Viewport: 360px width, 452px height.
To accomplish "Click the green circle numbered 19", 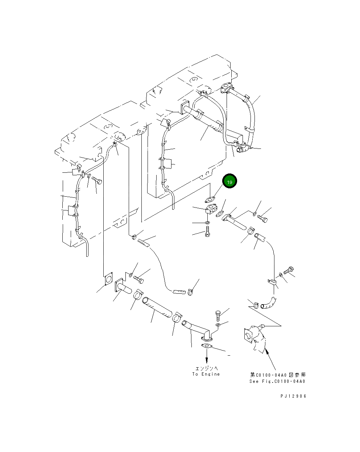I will [229, 182].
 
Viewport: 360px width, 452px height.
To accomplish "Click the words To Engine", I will [206, 374].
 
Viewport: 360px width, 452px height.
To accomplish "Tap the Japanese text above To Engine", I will [206, 368].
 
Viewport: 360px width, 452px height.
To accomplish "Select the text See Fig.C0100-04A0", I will [277, 381].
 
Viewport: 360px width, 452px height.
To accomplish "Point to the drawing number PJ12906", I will [293, 396].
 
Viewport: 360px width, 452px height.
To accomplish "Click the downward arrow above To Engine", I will [206, 359].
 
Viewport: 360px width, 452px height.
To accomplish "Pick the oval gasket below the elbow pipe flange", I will [206, 347].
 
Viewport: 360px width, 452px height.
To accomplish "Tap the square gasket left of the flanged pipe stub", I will [108, 279].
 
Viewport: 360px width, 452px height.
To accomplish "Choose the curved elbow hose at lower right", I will [269, 303].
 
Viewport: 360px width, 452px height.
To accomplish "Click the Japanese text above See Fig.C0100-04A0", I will [277, 375].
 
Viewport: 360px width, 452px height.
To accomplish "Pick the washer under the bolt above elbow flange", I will [217, 325].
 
